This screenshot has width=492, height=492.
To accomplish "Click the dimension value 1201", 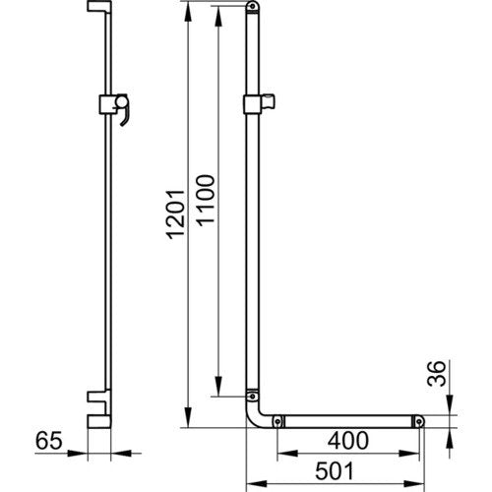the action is (175, 215).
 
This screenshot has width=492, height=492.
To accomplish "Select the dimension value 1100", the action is (206, 201).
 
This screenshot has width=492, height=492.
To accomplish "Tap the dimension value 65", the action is (48, 441).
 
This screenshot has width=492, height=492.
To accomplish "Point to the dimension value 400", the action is (348, 441).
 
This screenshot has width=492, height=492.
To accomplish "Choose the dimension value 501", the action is (335, 471).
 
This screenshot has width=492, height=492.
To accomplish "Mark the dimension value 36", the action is (438, 374).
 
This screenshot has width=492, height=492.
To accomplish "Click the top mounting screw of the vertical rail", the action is (252, 6).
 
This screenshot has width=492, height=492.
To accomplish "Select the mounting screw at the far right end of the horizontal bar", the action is (419, 421).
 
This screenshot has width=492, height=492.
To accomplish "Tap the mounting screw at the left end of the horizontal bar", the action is (277, 421).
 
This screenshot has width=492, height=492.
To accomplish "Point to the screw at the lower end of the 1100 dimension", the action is (252, 397).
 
